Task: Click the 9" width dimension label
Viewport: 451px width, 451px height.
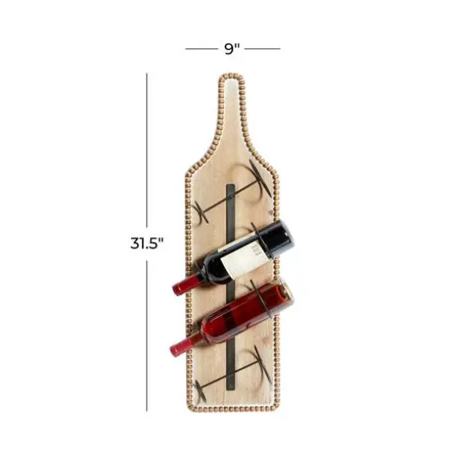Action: pos(232,48)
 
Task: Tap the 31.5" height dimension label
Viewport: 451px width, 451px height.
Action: pos(147,243)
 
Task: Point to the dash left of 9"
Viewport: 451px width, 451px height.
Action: pos(202,49)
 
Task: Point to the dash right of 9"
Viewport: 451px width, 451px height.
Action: pos(262,49)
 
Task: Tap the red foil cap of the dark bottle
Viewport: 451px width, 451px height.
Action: pos(181,286)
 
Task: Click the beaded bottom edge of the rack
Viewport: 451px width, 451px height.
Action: pos(231,409)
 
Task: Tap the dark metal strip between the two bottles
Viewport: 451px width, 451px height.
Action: pos(232,288)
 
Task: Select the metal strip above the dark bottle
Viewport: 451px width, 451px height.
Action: pos(232,205)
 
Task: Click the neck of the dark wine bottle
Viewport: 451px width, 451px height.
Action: pos(201,276)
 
